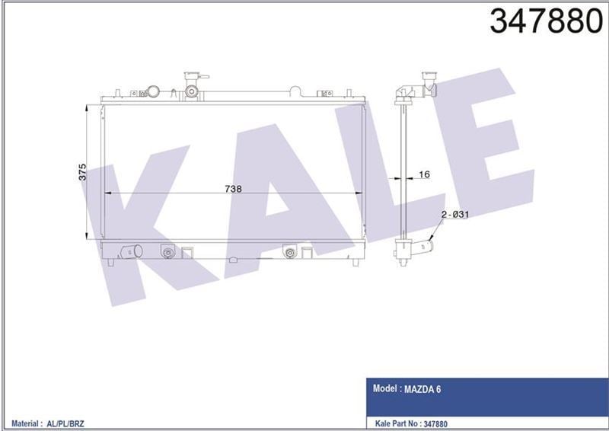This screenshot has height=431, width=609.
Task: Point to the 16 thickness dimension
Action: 424,174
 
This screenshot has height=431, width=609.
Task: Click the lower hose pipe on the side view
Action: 419,249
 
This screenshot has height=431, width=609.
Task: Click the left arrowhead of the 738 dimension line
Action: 107,193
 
